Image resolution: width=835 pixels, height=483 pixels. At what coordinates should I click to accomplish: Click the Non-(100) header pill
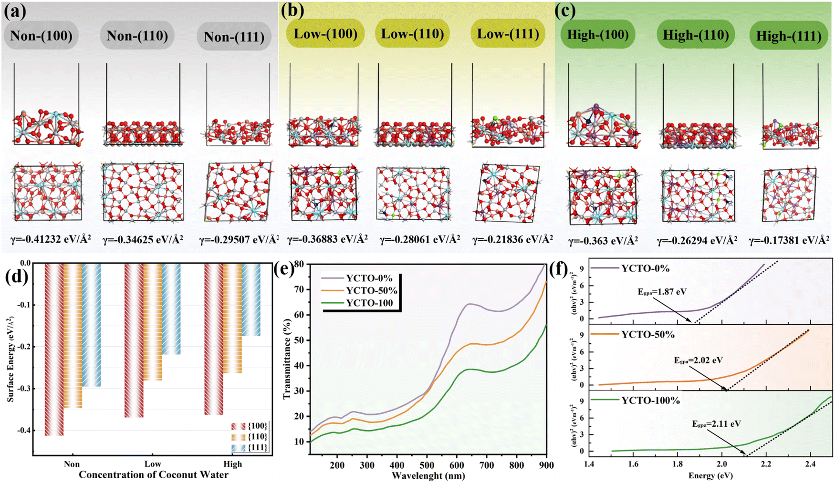point(41,36)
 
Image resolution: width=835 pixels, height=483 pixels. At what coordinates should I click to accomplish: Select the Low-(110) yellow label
point(412,34)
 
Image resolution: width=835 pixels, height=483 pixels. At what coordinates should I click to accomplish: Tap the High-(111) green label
point(788,36)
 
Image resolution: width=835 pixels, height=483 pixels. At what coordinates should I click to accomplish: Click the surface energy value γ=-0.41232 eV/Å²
point(51,239)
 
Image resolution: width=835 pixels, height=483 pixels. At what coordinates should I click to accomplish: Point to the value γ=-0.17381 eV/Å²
point(789,240)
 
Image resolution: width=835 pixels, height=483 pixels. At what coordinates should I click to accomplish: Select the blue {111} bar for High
point(251,299)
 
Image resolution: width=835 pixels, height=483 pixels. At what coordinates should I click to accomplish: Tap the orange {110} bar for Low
point(153,322)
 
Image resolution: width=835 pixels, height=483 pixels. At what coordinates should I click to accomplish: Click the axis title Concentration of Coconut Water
point(153,475)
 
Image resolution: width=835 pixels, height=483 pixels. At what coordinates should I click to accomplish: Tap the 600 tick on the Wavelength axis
point(457,465)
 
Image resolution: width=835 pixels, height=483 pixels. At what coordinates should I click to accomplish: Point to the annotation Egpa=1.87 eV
point(662,292)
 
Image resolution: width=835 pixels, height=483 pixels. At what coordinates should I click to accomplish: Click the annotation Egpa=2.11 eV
point(716,424)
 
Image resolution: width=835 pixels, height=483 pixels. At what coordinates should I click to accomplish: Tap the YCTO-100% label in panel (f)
point(650,401)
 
